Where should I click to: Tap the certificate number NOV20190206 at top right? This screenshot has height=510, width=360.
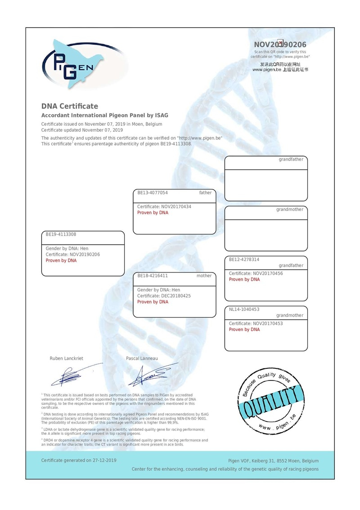click(280, 45)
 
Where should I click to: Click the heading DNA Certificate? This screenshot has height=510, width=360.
click(69, 106)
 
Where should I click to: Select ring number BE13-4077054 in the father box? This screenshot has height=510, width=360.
click(153, 192)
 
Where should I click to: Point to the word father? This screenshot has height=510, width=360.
click(205, 192)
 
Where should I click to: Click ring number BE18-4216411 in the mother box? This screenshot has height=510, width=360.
click(153, 276)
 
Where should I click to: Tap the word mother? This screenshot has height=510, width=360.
click(204, 276)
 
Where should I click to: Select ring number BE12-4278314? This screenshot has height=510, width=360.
click(244, 259)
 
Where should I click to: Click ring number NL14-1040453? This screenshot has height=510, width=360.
click(244, 309)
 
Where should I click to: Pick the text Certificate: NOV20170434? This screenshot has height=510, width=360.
click(164, 206)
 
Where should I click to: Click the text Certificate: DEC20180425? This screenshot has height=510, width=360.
click(164, 296)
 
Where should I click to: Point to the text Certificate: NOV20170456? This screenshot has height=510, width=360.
click(256, 273)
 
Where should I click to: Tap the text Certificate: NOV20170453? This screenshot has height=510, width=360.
click(256, 323)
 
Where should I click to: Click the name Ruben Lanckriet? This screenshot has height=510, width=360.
click(66, 358)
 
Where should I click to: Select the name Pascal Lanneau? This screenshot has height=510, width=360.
click(142, 358)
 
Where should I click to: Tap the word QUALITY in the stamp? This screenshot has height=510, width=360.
click(270, 402)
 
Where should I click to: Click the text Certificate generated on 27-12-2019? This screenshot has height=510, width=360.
click(79, 460)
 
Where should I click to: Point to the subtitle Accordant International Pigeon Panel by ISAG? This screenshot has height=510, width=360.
click(105, 116)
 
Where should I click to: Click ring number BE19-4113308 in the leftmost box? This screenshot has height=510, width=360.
click(61, 234)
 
